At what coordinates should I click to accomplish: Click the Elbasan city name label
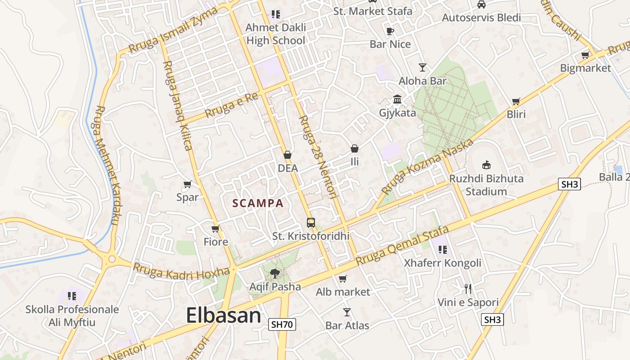point(223,315)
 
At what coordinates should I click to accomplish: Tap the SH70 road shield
point(283,324)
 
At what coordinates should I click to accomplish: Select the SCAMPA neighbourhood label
point(258,203)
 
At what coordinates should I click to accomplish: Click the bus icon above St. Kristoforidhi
point(310,222)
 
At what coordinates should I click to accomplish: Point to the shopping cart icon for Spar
point(187,184)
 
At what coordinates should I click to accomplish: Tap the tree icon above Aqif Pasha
point(274,273)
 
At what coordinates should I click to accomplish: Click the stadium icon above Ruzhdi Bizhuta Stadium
point(486,165)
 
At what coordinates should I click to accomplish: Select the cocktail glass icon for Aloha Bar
point(422,67)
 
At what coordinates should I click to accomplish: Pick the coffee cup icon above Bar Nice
point(390,31)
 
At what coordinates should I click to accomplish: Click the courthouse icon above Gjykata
point(397,99)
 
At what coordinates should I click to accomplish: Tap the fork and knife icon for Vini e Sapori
point(468,289)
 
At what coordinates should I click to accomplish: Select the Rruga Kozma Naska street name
point(427,167)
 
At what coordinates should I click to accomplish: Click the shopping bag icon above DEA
point(288,155)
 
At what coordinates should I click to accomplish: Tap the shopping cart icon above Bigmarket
point(585,55)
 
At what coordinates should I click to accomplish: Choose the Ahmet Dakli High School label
point(276,34)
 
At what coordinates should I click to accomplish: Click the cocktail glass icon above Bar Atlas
point(347,312)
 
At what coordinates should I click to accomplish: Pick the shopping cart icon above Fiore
point(216,229)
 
